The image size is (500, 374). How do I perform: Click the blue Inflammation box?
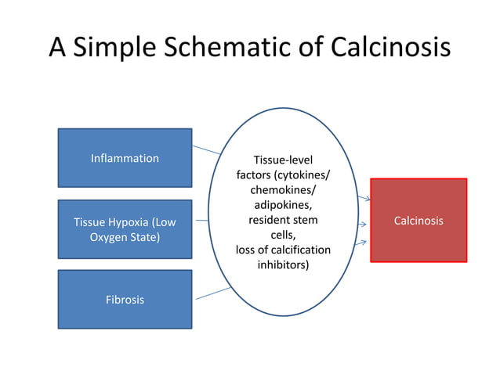coord(125,158)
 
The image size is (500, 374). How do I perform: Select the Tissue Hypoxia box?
coord(125,229)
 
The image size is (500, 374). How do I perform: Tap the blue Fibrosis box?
coord(125,300)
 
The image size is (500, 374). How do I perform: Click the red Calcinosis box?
coord(418,221)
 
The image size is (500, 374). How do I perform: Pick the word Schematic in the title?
coord(229,49)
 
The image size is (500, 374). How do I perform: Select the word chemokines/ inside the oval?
coord(283,190)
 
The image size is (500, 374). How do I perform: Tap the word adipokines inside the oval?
coord(283,205)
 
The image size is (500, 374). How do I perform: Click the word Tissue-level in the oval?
coord(283,160)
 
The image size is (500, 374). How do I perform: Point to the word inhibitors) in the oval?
coord(283,264)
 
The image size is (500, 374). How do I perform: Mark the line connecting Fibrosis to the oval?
coord(211,293)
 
